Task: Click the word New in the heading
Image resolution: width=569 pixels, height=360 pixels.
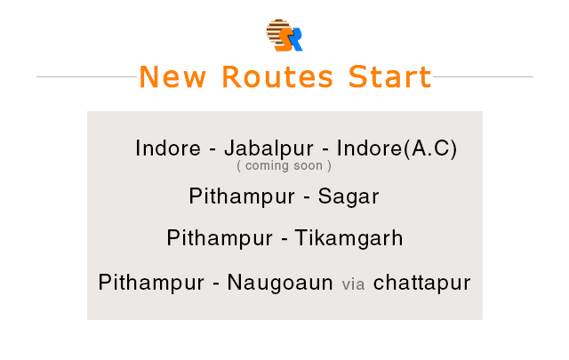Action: (x=172, y=77)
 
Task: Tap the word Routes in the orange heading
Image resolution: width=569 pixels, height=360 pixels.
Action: (x=277, y=77)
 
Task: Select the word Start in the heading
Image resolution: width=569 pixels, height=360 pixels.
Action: (x=389, y=76)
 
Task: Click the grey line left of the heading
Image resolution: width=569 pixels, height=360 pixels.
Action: (x=87, y=76)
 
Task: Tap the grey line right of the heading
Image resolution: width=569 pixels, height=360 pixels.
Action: (x=483, y=76)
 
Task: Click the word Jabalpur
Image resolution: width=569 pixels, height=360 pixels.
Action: (x=268, y=148)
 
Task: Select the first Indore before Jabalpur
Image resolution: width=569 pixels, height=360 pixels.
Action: (x=168, y=148)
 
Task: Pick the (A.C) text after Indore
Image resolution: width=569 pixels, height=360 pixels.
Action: (x=430, y=148)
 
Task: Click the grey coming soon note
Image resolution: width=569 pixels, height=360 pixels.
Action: (x=284, y=166)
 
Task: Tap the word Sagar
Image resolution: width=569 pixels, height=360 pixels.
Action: (x=349, y=197)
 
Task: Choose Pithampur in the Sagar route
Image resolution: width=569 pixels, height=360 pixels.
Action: (x=242, y=197)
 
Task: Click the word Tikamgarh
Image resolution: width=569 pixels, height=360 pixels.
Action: (x=349, y=239)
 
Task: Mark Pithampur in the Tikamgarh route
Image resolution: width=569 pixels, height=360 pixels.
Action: (x=220, y=239)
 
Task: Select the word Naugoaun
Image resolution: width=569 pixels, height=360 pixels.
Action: (x=280, y=283)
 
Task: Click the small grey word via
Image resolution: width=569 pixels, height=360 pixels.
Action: (x=353, y=284)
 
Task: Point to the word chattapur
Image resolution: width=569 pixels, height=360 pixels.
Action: (x=421, y=283)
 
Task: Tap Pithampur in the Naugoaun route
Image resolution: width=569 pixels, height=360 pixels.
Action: (x=151, y=283)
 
